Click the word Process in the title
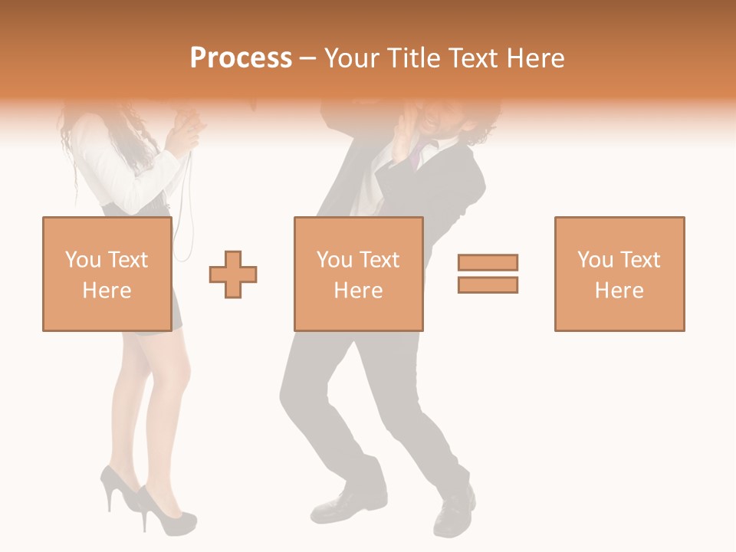coord(241,58)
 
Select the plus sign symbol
coord(233,274)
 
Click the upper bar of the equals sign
coord(488,262)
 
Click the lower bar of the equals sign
coord(488,284)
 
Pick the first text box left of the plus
coord(107,274)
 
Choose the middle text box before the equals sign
coord(358,274)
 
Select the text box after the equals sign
coord(619,274)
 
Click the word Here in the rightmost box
coord(619,290)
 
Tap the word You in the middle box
coord(334,260)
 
